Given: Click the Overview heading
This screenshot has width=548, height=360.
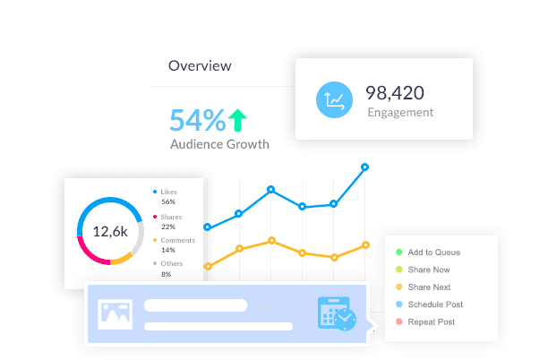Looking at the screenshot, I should [200, 65].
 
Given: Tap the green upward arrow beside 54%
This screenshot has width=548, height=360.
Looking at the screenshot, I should [237, 119].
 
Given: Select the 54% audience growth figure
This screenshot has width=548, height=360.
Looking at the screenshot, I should [198, 120].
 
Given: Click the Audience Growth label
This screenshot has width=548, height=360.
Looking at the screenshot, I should [219, 143].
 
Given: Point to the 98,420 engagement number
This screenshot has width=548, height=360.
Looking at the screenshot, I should [395, 92].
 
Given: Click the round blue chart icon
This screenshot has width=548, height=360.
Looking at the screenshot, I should [335, 99].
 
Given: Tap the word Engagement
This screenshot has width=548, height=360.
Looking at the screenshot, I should [400, 113].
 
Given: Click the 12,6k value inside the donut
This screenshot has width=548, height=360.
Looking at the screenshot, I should [110, 231].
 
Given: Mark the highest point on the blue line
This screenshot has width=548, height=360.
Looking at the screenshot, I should [364, 167].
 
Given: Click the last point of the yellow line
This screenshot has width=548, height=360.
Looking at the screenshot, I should [365, 244].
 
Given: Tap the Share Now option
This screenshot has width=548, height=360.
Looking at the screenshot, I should [428, 270].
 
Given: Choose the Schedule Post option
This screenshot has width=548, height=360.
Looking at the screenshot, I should [435, 304].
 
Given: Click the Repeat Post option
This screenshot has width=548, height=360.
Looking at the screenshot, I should [431, 321].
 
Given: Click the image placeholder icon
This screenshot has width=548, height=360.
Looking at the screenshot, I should [116, 313].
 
